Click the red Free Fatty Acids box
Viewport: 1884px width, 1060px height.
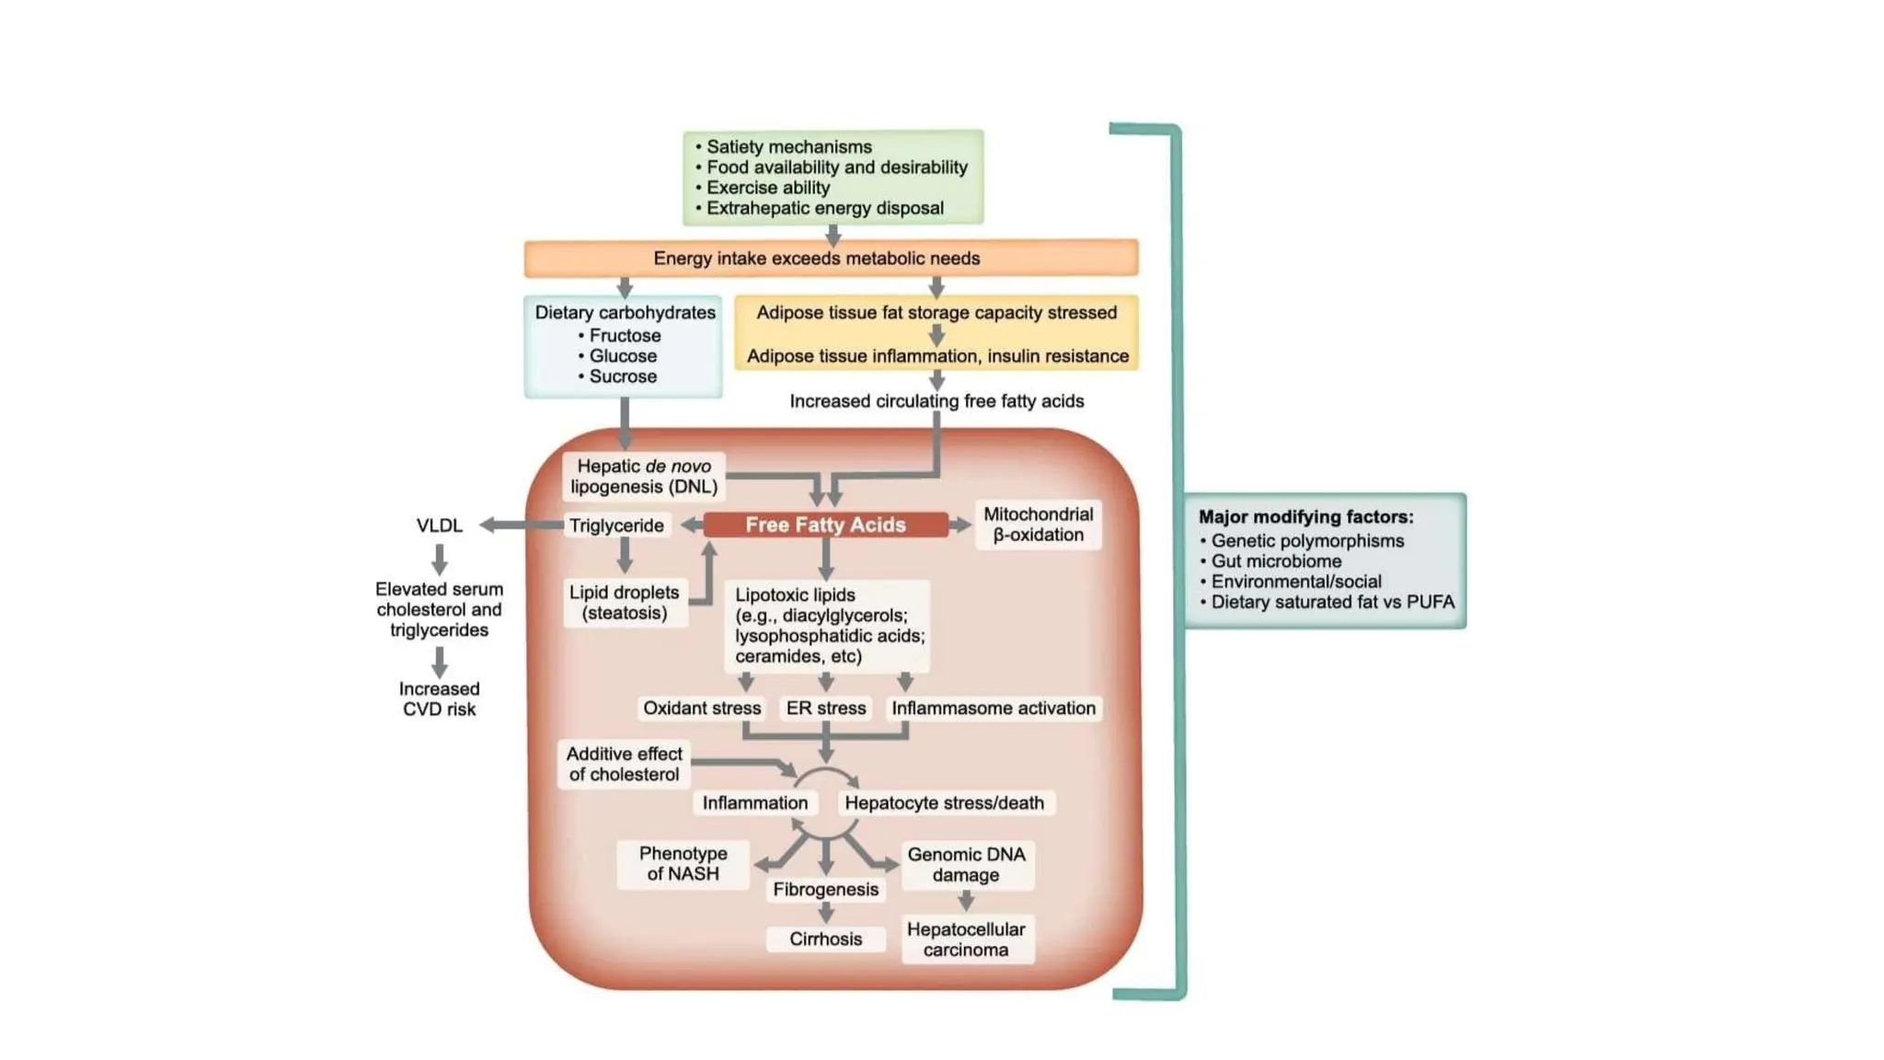tap(825, 524)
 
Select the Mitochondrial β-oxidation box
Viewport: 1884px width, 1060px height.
tap(1038, 524)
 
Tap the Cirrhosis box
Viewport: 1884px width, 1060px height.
tap(825, 939)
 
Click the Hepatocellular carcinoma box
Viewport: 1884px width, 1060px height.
tap(966, 939)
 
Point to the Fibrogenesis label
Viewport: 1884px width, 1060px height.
tap(825, 889)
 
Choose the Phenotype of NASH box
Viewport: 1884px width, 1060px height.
tap(683, 864)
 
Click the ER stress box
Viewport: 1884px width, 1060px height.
tap(825, 708)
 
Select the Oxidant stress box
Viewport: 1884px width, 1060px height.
tap(701, 708)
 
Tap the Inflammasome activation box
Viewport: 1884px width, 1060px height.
tap(993, 708)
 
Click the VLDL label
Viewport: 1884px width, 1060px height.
tap(439, 525)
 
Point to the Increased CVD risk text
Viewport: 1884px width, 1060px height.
tap(439, 698)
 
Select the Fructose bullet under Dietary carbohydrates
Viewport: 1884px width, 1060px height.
tap(624, 336)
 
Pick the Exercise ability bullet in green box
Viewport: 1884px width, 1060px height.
tap(767, 188)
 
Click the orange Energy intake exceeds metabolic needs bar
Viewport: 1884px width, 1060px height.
tap(831, 259)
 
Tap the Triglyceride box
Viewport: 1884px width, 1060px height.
tap(615, 525)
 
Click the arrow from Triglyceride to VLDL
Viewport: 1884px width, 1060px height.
tap(521, 524)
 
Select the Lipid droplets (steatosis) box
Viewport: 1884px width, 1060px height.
tap(624, 603)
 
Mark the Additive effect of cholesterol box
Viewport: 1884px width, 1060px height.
tap(624, 764)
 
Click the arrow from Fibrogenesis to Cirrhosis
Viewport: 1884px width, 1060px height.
tap(825, 913)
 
